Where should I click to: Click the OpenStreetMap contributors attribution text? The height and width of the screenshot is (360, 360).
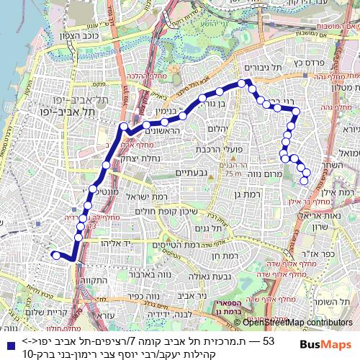[x=297, y=322]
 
